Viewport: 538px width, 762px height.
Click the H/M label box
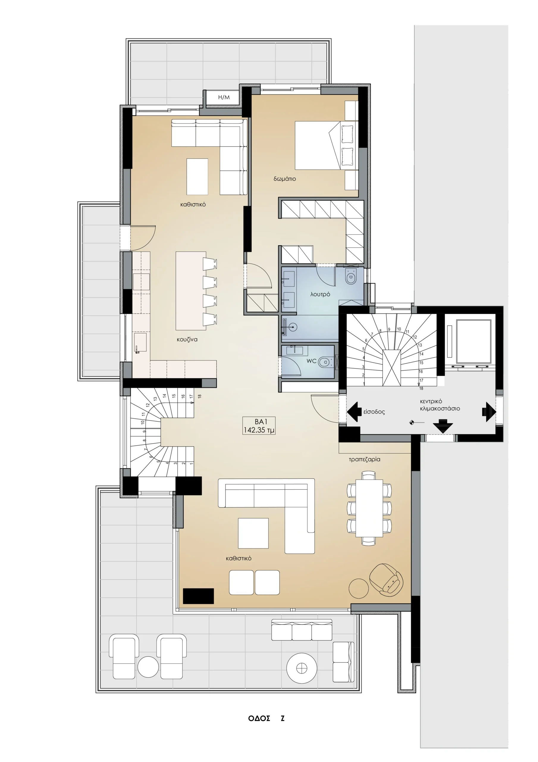224,97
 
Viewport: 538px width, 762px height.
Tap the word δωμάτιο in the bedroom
285,179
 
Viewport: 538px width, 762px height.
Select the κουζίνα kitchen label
187,340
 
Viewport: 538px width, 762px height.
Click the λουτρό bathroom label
320,294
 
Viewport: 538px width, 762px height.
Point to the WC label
311,361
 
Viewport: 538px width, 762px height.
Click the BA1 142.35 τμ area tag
259,426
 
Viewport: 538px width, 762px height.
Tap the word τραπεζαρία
365,460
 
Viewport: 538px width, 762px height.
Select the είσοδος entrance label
374,412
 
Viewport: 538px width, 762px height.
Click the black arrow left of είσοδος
354,412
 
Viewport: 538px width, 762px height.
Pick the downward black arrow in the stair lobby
443,426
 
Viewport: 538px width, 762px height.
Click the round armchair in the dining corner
386,579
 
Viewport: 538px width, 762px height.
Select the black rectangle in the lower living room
198,596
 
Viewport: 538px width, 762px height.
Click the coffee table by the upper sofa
197,177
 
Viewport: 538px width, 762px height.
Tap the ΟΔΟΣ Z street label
266,719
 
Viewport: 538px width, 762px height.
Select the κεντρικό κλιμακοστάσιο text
440,405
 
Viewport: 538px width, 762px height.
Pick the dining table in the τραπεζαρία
369,508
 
